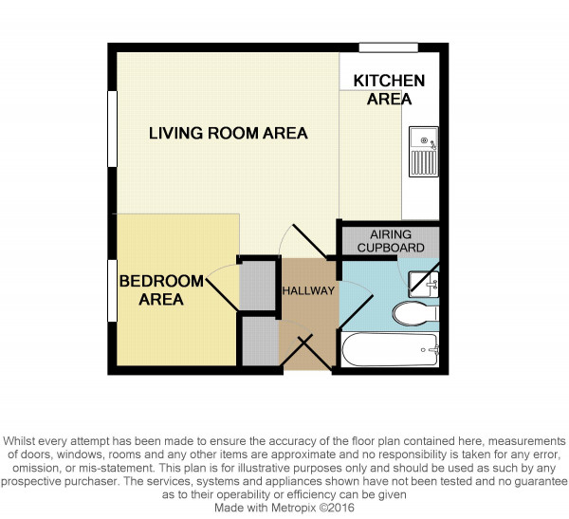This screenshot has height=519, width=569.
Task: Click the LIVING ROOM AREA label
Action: (229, 133)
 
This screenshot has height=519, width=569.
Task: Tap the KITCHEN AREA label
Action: (389, 90)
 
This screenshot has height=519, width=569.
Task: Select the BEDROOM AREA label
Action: (161, 290)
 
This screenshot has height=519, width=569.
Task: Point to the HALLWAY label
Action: (308, 290)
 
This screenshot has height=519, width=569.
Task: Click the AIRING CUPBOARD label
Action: (391, 241)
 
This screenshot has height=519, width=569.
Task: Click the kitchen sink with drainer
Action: (424, 152)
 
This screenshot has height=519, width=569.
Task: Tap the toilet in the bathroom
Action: (415, 313)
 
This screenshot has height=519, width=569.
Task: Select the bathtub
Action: (391, 350)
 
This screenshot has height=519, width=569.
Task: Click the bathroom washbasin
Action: (424, 284)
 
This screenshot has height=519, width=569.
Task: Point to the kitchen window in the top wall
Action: (389, 47)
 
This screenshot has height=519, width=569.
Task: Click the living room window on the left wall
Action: (113, 129)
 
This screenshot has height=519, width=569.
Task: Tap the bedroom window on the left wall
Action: (113, 290)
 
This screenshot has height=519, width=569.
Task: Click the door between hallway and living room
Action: (309, 241)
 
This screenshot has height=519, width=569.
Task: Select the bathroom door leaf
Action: (356, 312)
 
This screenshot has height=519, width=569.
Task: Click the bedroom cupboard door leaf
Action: (223, 294)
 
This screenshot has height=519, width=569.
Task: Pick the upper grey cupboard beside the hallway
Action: (257, 286)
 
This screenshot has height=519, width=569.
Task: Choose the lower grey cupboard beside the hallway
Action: (261, 342)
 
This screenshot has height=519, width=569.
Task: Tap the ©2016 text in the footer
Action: (337, 508)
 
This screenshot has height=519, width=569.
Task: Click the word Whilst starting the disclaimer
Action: (20, 441)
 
